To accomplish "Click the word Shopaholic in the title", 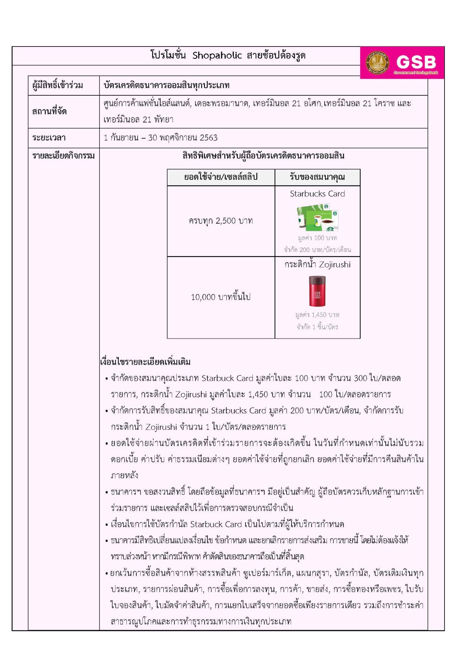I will pos(217,56).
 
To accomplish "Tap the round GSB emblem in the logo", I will pos(377,63).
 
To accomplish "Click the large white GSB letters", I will pos(416,62).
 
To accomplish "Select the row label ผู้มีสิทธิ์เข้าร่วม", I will pos(58,85).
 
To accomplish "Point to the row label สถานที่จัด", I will pos(50,111).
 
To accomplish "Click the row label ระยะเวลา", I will pos(49,138).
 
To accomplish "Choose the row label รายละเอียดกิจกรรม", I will pos(63,156).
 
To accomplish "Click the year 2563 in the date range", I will pos(209,138).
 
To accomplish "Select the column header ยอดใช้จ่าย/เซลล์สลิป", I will pos(221,177).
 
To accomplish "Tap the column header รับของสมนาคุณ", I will pos(317,177).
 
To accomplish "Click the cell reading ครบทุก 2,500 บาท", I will pos(221,221).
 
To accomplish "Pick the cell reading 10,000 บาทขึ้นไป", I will pos(221,297).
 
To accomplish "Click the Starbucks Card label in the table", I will pos(317,194).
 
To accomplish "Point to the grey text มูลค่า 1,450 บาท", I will pos(317,315).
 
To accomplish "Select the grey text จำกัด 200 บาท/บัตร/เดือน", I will pos(317,250).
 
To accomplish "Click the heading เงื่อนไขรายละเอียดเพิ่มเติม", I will pos(145,362).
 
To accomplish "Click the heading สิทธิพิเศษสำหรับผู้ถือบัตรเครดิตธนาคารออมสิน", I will pos(263,156).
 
